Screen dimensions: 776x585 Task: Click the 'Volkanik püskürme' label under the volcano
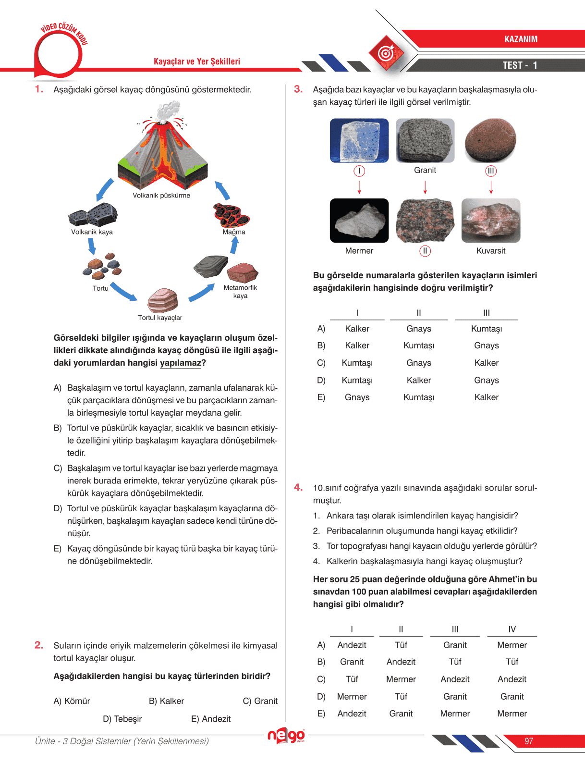pyautogui.click(x=161, y=196)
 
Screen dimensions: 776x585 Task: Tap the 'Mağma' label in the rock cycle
pyautogui.click(x=234, y=232)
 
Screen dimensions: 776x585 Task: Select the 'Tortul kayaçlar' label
pyautogui.click(x=160, y=318)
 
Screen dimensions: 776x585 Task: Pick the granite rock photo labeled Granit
pyautogui.click(x=425, y=140)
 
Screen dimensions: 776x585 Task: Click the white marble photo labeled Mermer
pyautogui.click(x=359, y=221)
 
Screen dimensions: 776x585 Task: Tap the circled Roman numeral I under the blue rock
pyautogui.click(x=359, y=171)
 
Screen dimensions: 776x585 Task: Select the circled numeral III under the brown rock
pyautogui.click(x=490, y=171)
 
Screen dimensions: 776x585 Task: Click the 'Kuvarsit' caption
pyautogui.click(x=491, y=251)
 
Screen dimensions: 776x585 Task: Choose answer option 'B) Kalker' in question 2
pyautogui.click(x=166, y=701)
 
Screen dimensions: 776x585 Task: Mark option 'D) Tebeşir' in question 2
pyautogui.click(x=122, y=719)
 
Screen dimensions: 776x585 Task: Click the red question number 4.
pyautogui.click(x=298, y=488)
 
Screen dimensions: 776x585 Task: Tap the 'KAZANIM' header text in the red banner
pyautogui.click(x=521, y=39)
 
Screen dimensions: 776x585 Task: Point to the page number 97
pyautogui.click(x=529, y=741)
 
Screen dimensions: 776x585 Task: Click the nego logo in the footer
pyautogui.click(x=286, y=735)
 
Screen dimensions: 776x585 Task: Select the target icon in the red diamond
pyautogui.click(x=386, y=53)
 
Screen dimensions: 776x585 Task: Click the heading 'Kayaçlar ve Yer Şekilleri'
pyautogui.click(x=197, y=62)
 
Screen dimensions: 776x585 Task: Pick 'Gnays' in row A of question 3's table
pyautogui.click(x=419, y=329)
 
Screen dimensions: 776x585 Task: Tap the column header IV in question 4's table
pyautogui.click(x=512, y=629)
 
